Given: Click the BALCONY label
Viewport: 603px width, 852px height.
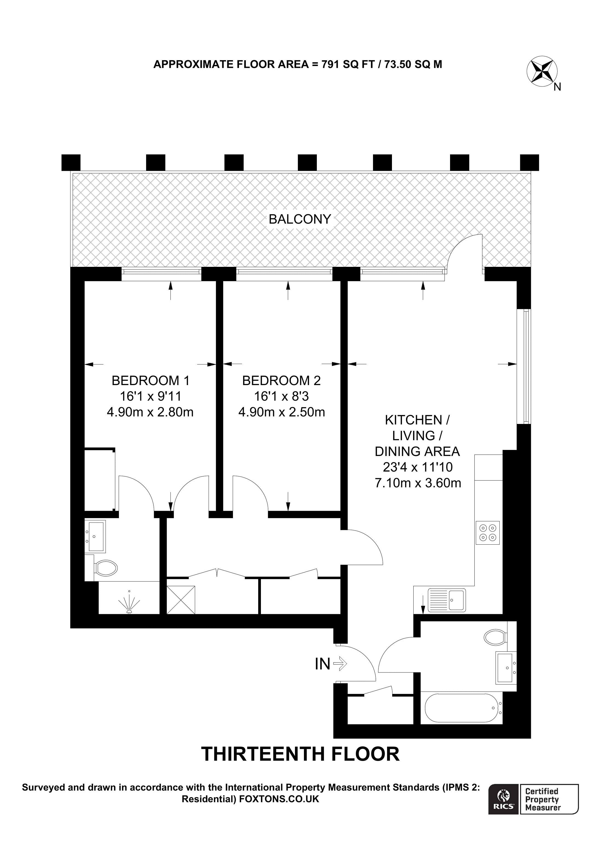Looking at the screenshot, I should [300, 219].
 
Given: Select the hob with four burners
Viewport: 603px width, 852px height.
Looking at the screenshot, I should [487, 533].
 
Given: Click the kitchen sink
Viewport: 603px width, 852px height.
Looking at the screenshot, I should [446, 600].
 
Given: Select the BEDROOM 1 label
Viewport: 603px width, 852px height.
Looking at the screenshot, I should [150, 380].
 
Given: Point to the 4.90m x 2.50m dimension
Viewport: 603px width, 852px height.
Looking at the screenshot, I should [281, 412].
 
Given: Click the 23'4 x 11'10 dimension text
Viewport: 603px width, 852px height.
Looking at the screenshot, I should [418, 467].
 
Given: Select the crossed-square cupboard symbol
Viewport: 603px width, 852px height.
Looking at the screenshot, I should [181, 600].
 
